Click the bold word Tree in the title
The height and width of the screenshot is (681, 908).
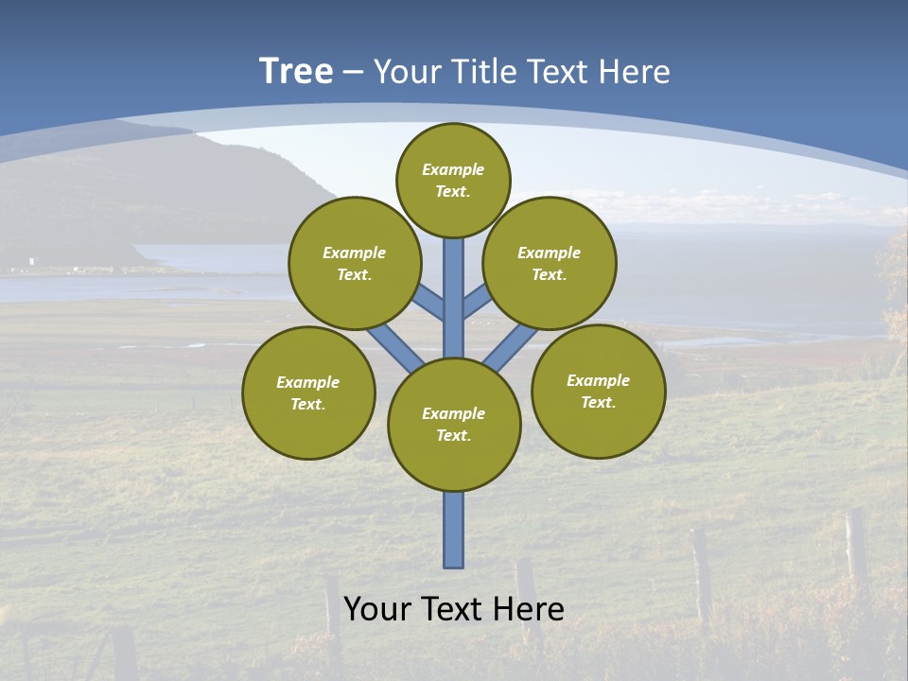pos(296,72)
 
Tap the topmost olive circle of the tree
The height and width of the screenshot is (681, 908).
pos(453,180)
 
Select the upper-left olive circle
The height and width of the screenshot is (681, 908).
pos(355,263)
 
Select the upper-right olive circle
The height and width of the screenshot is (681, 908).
pos(550,263)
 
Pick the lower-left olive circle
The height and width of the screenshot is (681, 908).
pos(308,393)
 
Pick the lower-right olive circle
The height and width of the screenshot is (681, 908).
pos(599,391)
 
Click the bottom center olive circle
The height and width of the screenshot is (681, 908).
pos(454,425)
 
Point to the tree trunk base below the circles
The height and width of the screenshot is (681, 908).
pos(454,530)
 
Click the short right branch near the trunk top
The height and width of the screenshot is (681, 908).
pos(476,301)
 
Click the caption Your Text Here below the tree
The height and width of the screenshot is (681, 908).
pos(454,609)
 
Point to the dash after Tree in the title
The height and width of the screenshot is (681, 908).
pos(354,72)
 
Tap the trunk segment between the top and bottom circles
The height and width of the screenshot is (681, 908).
pos(454,293)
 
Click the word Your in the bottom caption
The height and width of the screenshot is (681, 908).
pos(377,609)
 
